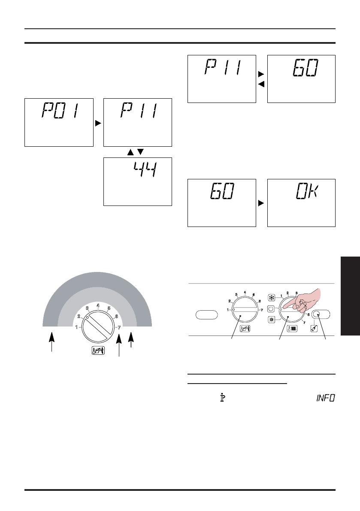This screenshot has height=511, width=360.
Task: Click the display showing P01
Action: [x=59, y=122]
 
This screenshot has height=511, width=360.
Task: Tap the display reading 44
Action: [x=138, y=181]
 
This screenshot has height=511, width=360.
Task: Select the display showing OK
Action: [x=301, y=203]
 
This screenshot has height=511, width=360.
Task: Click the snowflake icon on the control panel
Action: [x=271, y=297]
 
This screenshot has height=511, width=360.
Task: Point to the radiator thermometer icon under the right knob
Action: [x=289, y=330]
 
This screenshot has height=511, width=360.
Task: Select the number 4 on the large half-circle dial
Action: [x=98, y=306]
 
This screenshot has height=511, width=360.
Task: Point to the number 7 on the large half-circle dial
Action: [x=119, y=328]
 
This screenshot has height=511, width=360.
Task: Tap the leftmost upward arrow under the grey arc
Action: [x=52, y=343]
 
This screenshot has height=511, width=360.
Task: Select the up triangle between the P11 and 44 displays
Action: [x=131, y=152]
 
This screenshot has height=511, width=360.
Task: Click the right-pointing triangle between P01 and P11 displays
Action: [x=98, y=123]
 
